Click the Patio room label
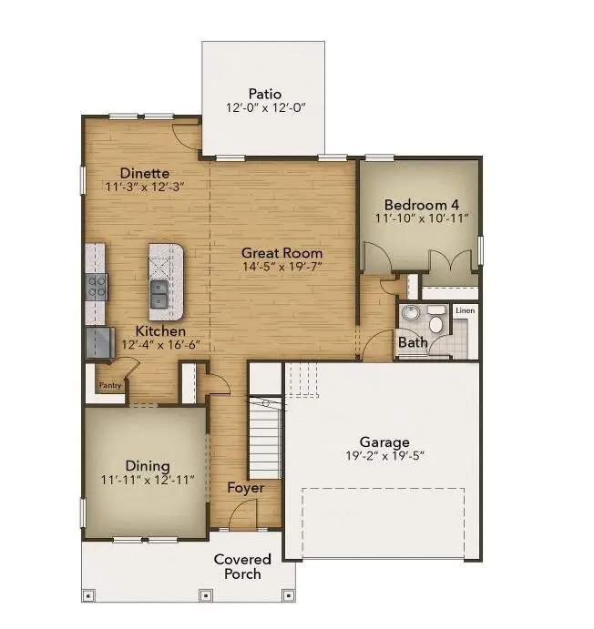coord(265,94)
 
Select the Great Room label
coord(282,252)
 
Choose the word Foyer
coord(246,488)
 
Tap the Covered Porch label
coord(242,566)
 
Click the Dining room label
coord(148,465)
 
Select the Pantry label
coord(110,385)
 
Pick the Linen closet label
coord(465,311)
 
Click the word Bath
coord(412,343)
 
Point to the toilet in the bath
coord(435,324)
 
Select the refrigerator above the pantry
coord(97,344)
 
